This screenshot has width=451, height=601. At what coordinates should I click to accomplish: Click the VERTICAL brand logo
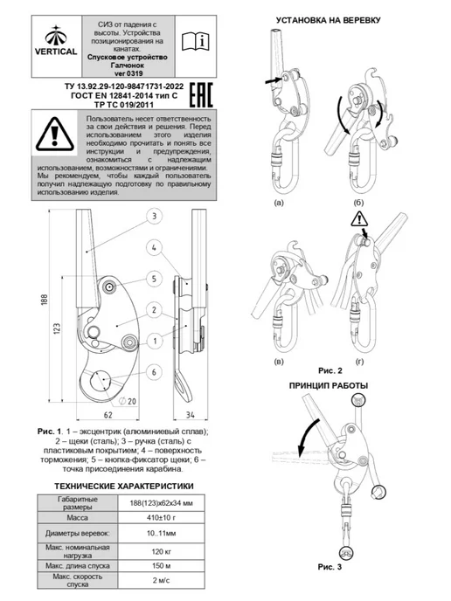(x=56, y=40)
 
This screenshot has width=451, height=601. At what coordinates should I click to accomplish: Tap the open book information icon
(x=196, y=41)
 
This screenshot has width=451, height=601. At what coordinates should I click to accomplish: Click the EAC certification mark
(x=201, y=94)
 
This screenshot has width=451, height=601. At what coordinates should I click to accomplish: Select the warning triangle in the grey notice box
(x=55, y=134)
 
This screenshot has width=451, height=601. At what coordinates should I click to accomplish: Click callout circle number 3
(x=154, y=216)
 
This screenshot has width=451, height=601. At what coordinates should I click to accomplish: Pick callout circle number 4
(x=154, y=247)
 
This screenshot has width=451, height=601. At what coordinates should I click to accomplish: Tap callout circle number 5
(x=154, y=279)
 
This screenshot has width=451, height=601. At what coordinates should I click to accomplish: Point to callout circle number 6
(x=154, y=372)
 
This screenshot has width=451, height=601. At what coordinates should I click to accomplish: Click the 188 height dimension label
(x=45, y=300)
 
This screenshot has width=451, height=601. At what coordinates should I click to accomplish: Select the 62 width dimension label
(x=108, y=415)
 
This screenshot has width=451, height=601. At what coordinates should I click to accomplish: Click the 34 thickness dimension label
(x=191, y=415)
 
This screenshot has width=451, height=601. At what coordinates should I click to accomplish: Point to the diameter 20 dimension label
(x=128, y=401)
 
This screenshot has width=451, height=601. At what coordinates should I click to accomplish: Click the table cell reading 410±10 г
(x=161, y=518)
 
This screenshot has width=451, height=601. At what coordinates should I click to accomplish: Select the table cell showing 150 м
(x=161, y=566)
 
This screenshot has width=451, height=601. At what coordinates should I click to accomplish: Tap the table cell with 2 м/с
(x=161, y=580)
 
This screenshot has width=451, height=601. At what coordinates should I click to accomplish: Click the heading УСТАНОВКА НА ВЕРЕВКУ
(x=329, y=20)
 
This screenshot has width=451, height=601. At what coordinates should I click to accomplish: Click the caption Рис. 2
(x=330, y=370)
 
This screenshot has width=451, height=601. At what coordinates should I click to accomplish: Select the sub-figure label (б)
(x=358, y=203)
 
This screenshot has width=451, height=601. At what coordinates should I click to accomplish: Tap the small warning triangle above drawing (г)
(x=359, y=219)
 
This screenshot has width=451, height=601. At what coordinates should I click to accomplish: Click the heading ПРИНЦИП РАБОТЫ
(x=329, y=385)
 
